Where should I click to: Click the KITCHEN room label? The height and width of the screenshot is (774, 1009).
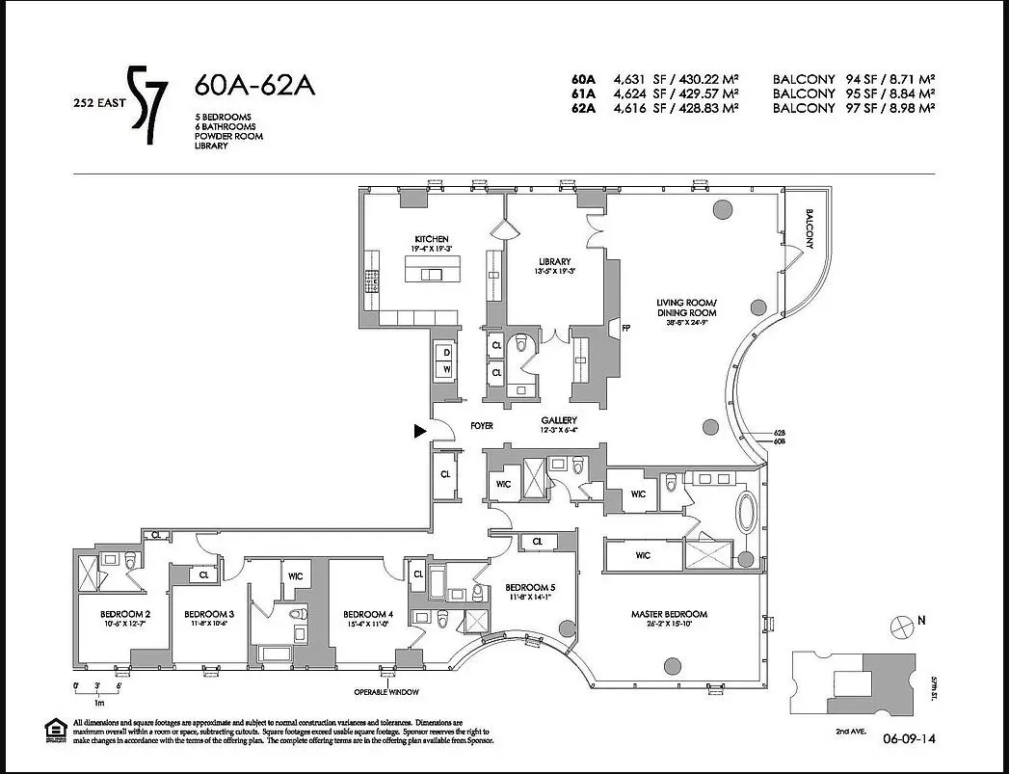[x=431, y=239]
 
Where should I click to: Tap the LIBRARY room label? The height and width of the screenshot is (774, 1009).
[x=555, y=261]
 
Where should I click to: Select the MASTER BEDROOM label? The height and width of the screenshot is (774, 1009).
[x=669, y=614]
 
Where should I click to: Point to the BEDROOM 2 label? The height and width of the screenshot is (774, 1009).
[x=126, y=614]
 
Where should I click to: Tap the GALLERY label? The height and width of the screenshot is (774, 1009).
[x=559, y=420]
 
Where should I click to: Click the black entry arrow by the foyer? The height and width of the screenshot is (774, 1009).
[x=419, y=432]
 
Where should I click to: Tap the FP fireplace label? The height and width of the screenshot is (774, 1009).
[x=624, y=327]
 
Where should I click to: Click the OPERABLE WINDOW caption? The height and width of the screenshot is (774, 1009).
[x=385, y=692]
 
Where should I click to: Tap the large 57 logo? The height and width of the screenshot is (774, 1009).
[x=150, y=104]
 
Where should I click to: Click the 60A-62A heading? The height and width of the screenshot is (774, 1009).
[x=254, y=86]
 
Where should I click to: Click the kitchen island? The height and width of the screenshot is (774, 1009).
[x=431, y=275]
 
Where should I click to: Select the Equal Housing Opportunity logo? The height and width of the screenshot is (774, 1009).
[x=57, y=730]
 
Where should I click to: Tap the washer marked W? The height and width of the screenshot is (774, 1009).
[x=447, y=369]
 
